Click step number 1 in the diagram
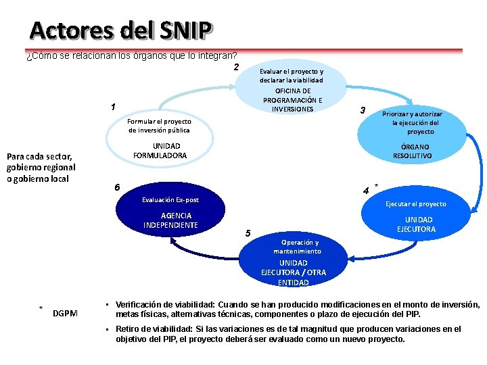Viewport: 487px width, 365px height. (113, 107)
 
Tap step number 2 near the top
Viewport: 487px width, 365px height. (236, 67)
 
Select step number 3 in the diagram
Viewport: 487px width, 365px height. (363, 110)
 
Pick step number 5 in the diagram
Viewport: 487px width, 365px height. (248, 233)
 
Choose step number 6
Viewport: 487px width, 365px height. (117, 187)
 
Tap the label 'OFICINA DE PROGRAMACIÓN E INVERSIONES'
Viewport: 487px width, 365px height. (293, 100)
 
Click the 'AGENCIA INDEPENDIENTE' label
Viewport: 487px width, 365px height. (170, 220)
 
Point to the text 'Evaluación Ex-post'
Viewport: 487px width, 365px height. (170, 200)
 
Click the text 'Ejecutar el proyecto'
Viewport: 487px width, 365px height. (415, 203)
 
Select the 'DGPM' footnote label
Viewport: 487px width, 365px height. (65, 313)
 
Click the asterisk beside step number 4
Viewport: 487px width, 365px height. (376, 185)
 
